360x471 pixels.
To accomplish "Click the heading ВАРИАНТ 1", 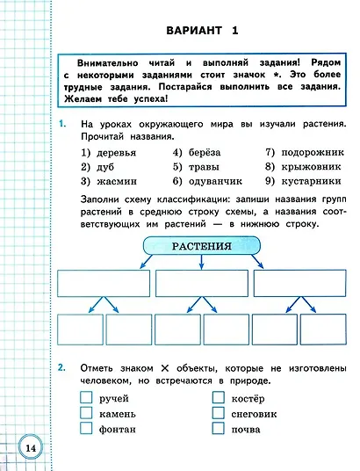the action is click(202, 32).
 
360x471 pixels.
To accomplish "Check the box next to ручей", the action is click(86, 397).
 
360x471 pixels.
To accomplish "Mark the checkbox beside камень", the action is click(86, 413).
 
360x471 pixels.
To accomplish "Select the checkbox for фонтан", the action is click(86, 429).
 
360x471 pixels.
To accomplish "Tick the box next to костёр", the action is click(219, 397).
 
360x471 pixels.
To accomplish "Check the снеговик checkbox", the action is click(219, 413).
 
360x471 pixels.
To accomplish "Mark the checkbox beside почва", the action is click(219, 429).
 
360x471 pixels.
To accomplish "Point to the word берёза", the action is click(205, 152).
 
